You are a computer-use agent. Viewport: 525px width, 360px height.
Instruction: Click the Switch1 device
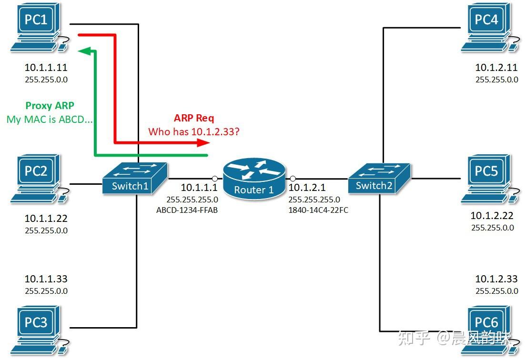point(134,179)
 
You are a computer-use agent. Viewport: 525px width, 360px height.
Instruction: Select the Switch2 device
point(379,179)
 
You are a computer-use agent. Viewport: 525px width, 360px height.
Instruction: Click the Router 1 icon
point(254,179)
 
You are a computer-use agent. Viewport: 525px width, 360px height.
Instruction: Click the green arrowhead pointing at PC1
point(84,50)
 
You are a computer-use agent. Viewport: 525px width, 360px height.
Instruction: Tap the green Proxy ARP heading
point(50,106)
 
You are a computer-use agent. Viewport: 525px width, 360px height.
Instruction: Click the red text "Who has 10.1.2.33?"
point(194,131)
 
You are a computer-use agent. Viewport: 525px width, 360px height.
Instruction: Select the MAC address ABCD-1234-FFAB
point(187,210)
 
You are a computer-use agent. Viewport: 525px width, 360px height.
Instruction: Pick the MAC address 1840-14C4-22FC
point(318,210)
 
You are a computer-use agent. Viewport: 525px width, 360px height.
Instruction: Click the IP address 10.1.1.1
point(199,188)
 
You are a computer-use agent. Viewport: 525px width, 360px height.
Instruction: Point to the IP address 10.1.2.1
point(307,188)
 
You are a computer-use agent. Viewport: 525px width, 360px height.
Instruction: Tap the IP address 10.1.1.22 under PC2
point(46,219)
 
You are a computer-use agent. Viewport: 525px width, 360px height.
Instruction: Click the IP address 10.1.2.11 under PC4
point(496,68)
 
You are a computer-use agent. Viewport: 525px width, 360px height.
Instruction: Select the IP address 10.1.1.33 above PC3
point(46,279)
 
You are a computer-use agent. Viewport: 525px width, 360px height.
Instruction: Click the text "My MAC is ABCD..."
point(50,120)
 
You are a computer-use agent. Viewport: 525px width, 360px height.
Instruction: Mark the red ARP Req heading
point(194,119)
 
